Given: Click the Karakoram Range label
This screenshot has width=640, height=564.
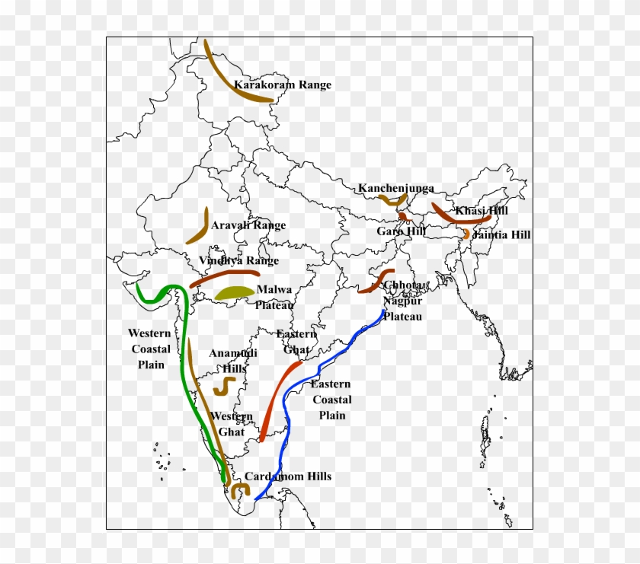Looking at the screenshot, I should point(283,85).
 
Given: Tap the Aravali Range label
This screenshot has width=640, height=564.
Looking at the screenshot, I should point(248,225).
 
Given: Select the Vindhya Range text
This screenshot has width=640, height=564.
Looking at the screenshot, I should point(238,260).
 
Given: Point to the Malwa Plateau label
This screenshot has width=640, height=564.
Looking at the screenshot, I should point(274,298).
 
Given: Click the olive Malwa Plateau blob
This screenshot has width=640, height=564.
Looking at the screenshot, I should point(234,292).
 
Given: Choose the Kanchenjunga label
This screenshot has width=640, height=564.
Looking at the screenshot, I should point(396,188).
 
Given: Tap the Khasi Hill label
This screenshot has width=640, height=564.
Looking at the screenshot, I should point(482,211).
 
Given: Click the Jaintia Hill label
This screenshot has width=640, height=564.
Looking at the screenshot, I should point(501,235).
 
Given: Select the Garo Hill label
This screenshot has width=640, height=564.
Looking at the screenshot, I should point(401,231).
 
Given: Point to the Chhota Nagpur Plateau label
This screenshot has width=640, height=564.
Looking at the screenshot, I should point(402,301).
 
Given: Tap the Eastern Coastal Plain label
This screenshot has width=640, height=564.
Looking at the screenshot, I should point(331,400).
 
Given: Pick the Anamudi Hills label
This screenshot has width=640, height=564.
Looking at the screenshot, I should point(233,361).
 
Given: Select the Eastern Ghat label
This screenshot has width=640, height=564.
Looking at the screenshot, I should point(296,342).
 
